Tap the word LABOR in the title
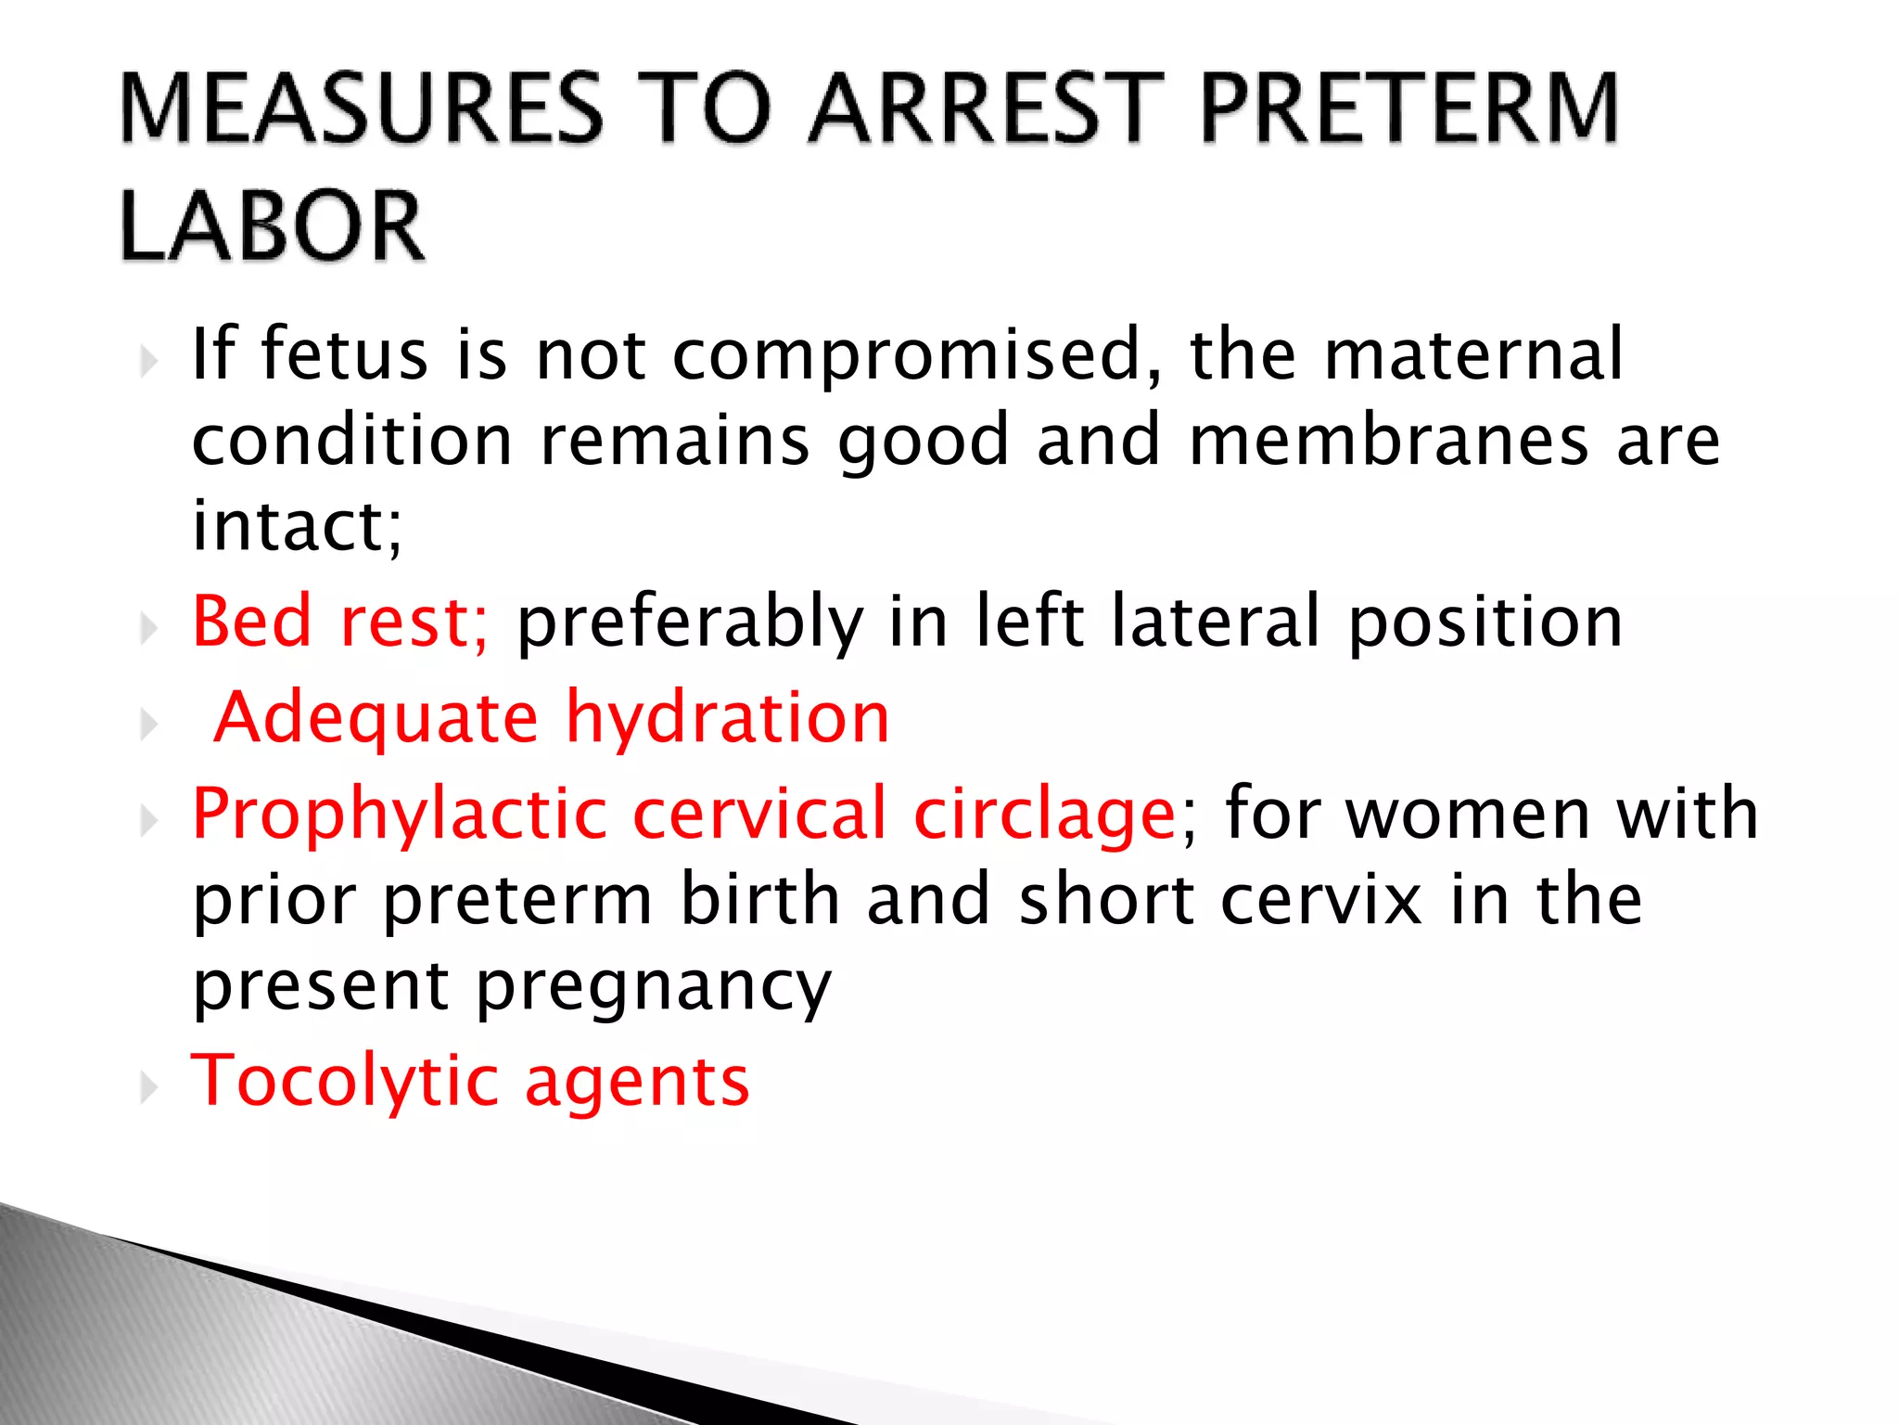(x=273, y=227)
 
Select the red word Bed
(x=251, y=621)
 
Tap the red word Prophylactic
(x=400, y=814)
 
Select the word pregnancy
(x=654, y=987)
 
